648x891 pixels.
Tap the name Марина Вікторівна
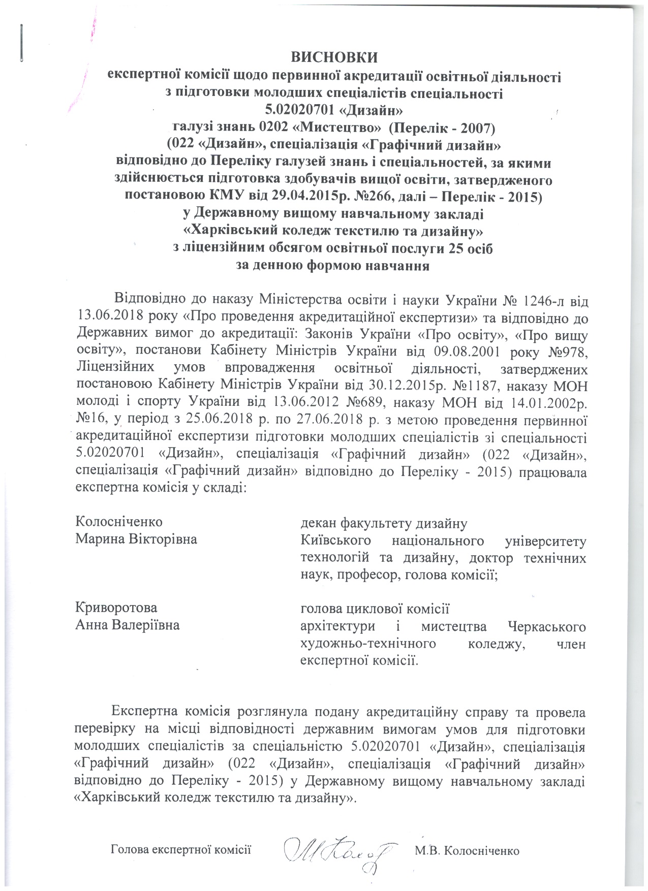coord(136,538)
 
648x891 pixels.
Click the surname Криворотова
coord(116,608)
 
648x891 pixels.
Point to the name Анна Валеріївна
coord(127,625)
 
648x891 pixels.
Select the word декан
coord(318,522)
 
